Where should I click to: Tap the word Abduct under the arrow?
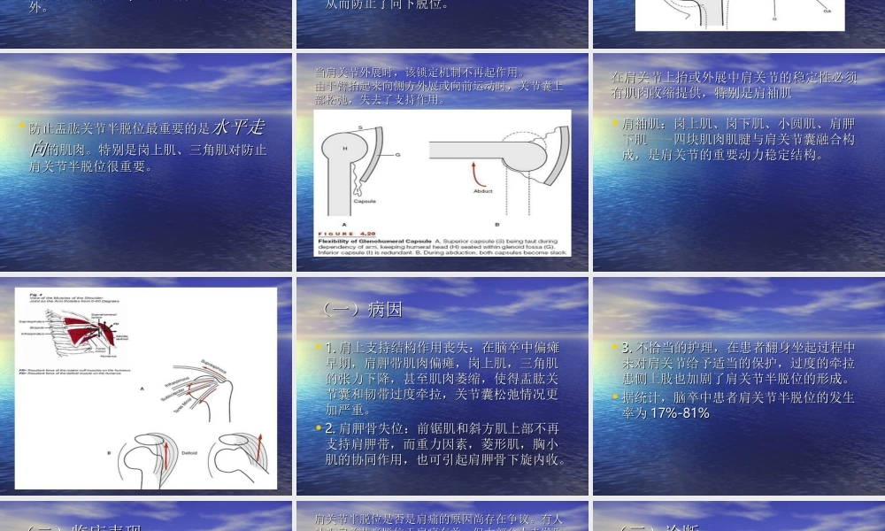(482, 191)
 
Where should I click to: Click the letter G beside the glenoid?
(397, 154)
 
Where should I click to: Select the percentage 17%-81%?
(680, 412)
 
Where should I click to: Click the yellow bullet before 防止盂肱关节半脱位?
(22, 127)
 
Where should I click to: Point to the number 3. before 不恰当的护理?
(627, 348)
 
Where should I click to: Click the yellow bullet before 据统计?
(616, 396)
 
